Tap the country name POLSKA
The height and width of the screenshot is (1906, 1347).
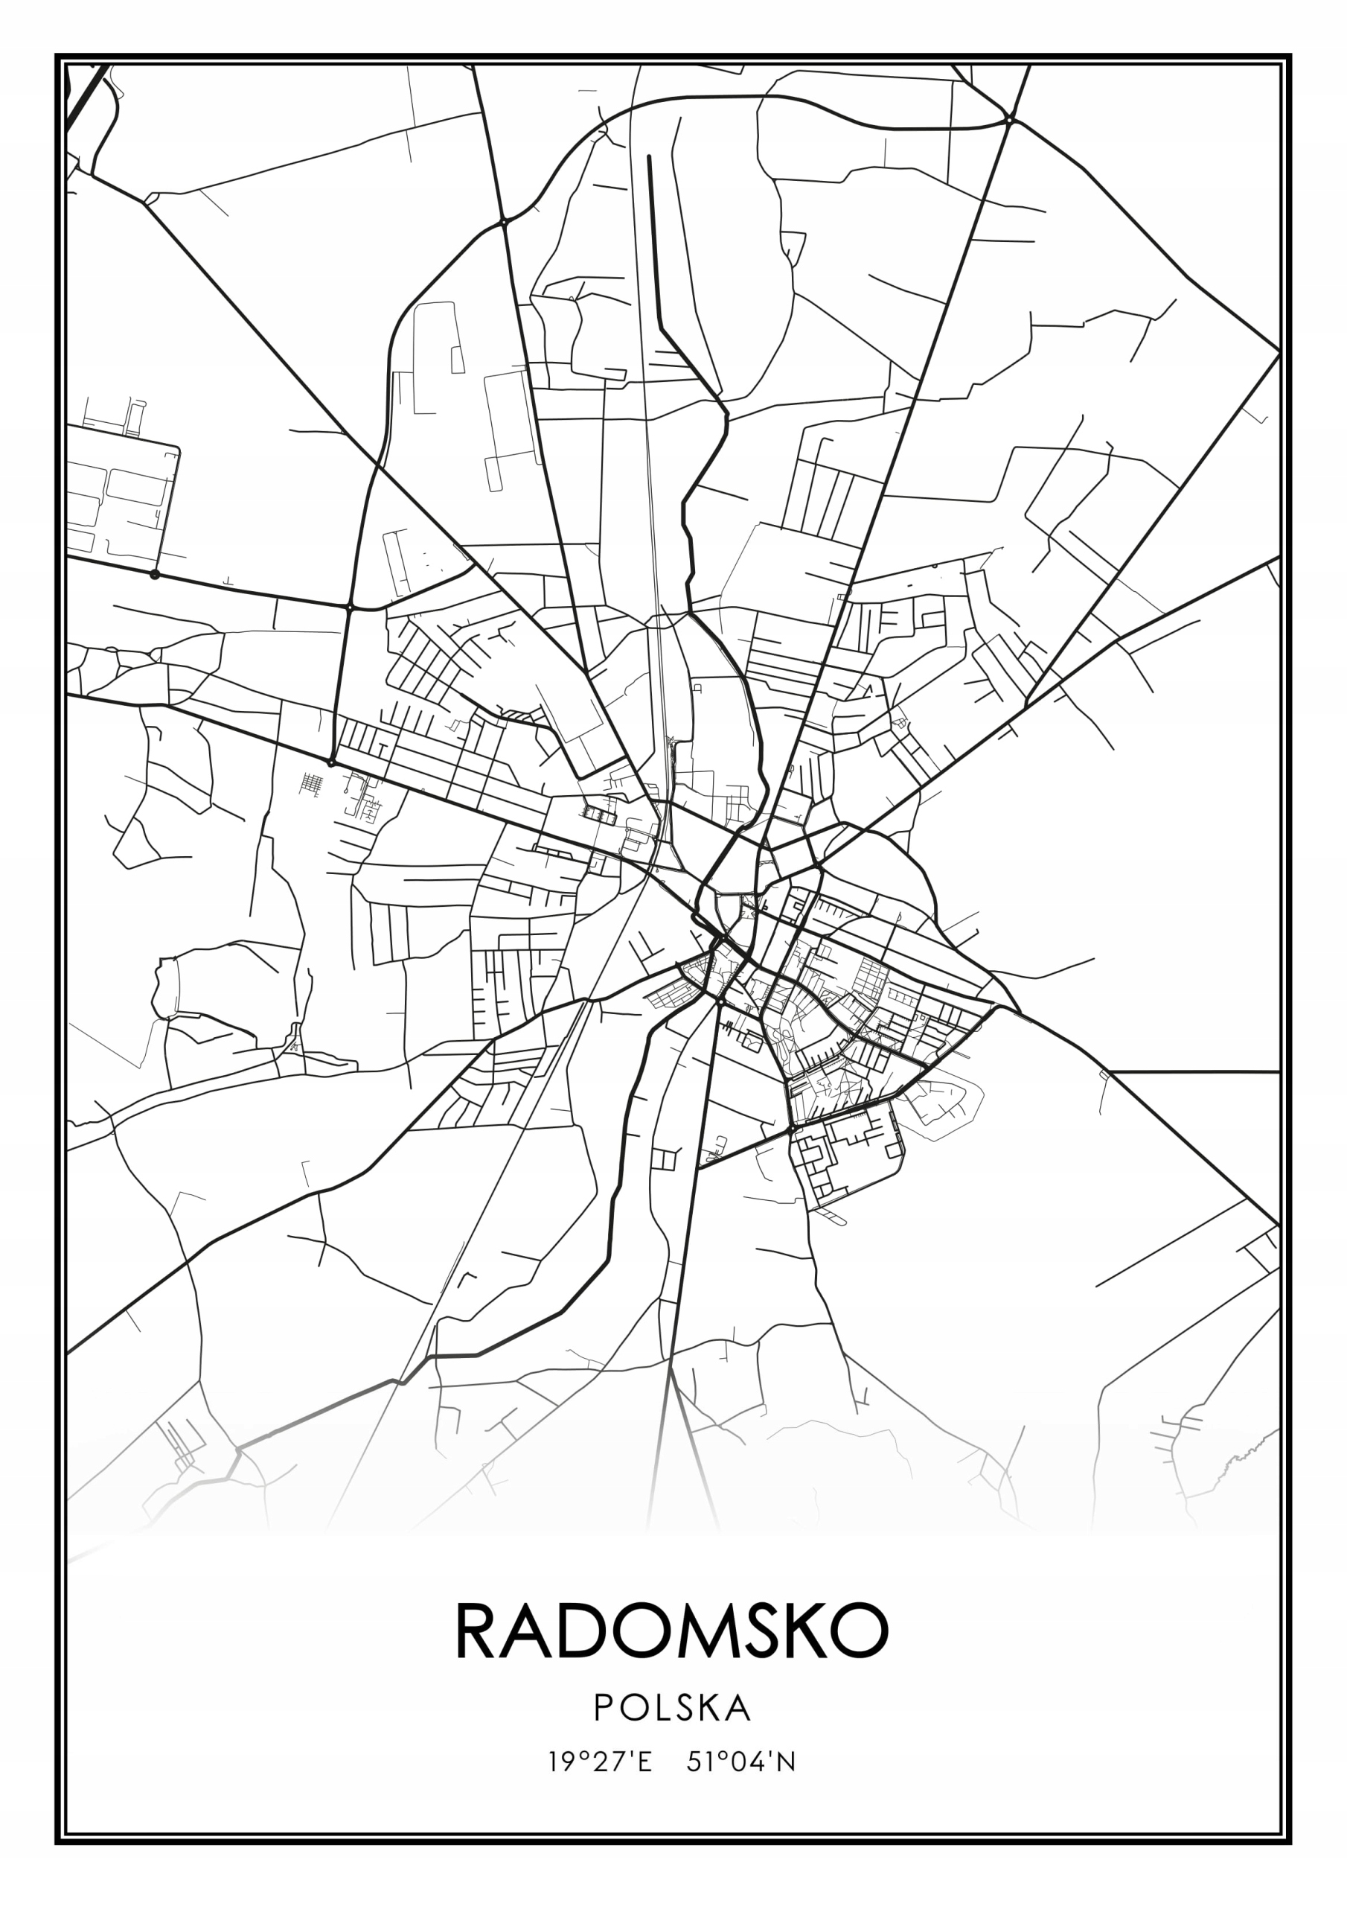[673, 1709]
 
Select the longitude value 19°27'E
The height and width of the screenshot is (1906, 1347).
[600, 1762]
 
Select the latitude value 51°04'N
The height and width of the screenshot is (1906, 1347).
[741, 1762]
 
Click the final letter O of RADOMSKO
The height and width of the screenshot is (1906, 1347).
[860, 1631]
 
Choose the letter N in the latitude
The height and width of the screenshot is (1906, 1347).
[787, 1762]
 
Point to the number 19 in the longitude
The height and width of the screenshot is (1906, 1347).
[560, 1762]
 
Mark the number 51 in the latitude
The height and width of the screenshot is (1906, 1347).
[699, 1762]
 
